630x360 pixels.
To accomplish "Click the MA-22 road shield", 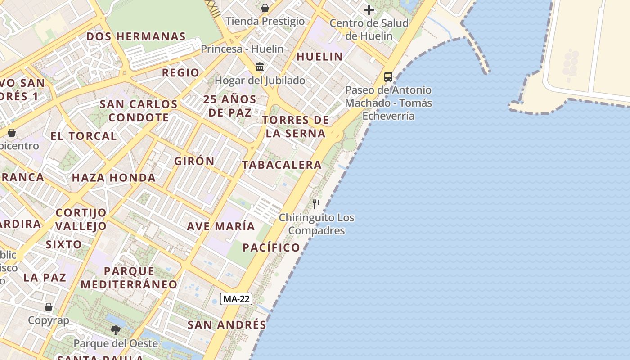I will [236, 298].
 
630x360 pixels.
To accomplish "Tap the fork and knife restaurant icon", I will [316, 204].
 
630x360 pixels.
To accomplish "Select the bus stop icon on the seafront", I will [388, 77].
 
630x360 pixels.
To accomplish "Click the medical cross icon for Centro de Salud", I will [369, 10].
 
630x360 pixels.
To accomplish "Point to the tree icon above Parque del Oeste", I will [116, 330].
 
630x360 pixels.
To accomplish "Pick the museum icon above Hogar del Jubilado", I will [260, 67].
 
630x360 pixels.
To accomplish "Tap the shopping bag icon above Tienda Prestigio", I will [265, 8].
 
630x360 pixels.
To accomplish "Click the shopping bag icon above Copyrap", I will [49, 307].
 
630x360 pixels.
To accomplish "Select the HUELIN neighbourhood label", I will [319, 57].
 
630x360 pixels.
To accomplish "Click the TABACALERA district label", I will [282, 165].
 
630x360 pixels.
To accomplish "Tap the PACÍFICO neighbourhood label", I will [271, 247].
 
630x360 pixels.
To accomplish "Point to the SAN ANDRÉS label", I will [227, 325].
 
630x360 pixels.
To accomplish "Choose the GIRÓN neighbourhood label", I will [194, 161].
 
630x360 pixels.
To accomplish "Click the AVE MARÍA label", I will [221, 226].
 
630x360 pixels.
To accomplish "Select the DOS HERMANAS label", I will [136, 37].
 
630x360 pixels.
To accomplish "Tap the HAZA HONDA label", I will [114, 178].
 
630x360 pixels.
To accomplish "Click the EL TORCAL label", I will [84, 136].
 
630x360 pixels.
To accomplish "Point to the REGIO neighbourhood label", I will [180, 73].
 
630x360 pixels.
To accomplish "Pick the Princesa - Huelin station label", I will [242, 49].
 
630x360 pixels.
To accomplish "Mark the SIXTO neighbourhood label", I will [64, 245].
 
